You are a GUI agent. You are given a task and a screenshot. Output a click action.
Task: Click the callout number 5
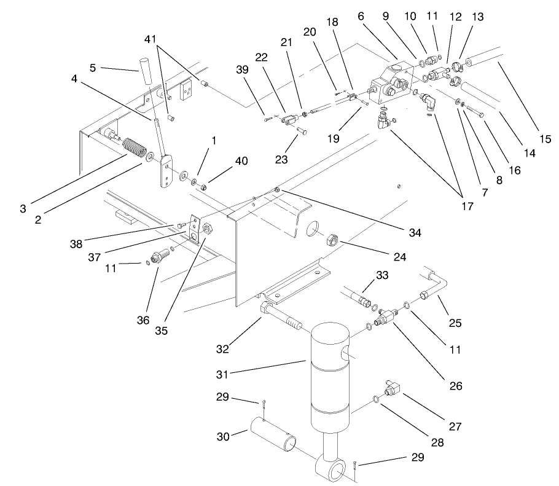(x=93, y=68)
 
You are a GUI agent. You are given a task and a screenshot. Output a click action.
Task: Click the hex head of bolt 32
(x=265, y=308)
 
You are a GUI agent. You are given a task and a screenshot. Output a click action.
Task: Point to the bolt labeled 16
(x=475, y=112)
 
